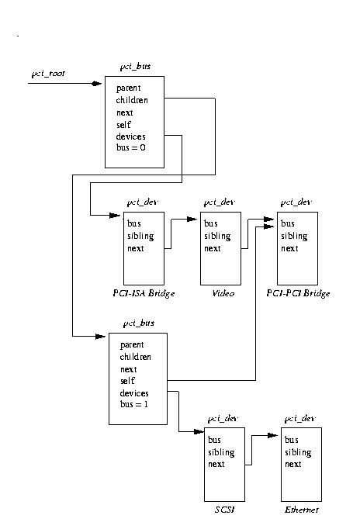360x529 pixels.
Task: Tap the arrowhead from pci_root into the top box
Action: [x=97, y=83]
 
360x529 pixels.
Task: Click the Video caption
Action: [x=216, y=294]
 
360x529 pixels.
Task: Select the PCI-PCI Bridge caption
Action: [x=298, y=294]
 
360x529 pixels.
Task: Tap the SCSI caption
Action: [x=220, y=510]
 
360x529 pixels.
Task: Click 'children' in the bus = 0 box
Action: [x=133, y=100]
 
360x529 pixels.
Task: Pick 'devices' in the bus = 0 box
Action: [x=131, y=137]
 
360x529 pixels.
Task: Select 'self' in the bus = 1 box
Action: [x=127, y=382]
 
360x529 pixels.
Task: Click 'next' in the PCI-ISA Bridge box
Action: [x=137, y=248]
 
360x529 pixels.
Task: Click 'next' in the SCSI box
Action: [x=216, y=465]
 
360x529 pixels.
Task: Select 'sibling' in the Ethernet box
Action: [x=298, y=452]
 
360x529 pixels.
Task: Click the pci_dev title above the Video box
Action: [x=218, y=202]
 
